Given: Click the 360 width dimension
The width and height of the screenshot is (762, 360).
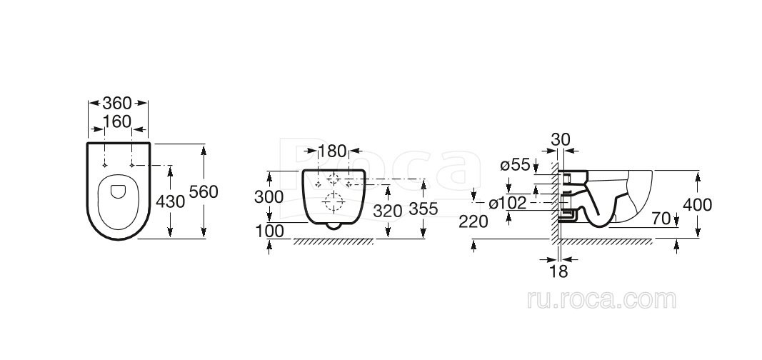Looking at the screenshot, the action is tap(117, 103).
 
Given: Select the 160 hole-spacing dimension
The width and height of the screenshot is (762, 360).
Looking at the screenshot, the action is tap(117, 121).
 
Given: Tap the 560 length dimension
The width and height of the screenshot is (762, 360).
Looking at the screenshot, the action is tap(203, 192).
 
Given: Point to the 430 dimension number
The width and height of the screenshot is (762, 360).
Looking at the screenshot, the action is tap(170, 201).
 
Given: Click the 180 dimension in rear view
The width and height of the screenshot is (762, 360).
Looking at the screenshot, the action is tap(332, 151).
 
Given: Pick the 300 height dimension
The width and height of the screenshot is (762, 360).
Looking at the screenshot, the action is tap(269, 196).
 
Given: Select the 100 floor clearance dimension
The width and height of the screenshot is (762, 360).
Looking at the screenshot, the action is tap(269, 231).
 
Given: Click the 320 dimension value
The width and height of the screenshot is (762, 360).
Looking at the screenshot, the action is tap(387, 211).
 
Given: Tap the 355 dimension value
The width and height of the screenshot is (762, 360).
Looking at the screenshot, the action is tap(423, 209).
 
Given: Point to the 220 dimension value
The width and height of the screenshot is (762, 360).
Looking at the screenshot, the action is tap(473, 221).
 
